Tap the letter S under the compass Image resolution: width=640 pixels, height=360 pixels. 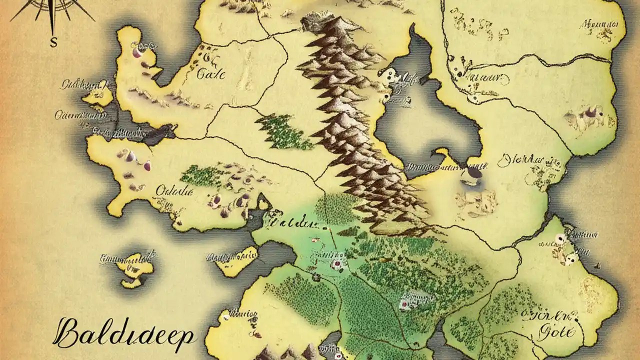(x=53, y=43)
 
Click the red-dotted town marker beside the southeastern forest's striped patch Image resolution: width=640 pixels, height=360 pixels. (x=403, y=303)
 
